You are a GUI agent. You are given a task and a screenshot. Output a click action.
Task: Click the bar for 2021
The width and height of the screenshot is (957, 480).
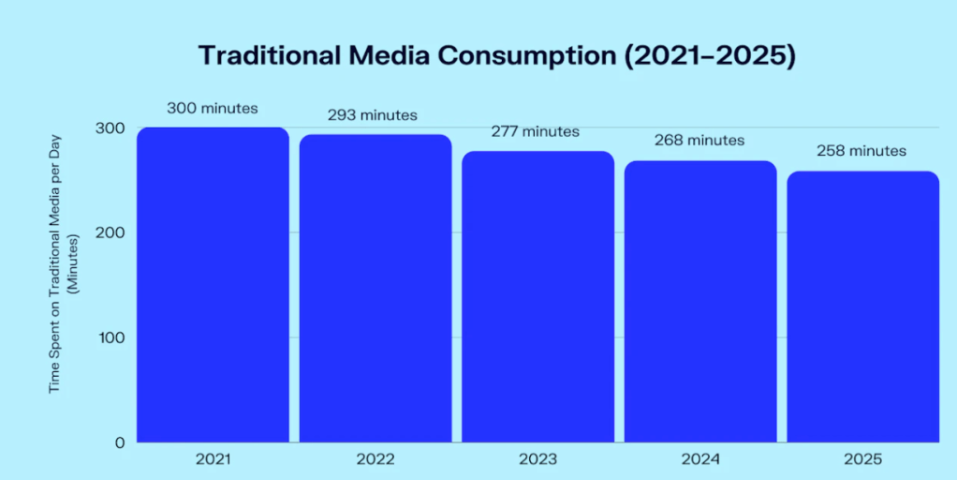click(213, 285)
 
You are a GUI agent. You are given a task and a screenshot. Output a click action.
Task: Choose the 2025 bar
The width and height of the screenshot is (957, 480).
click(862, 307)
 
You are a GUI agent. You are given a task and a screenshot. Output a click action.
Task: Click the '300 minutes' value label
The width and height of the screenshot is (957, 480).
click(213, 108)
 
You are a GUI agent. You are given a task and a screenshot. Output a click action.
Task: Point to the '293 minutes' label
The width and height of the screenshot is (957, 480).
click(373, 115)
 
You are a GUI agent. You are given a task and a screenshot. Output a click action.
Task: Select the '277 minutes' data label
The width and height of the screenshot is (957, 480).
click(536, 131)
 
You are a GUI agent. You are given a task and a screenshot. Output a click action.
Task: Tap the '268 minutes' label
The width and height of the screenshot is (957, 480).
click(699, 140)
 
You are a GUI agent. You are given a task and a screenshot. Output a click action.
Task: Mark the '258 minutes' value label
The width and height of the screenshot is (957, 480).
click(861, 150)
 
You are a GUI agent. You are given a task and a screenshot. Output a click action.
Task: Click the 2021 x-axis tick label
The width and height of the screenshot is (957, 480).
click(213, 459)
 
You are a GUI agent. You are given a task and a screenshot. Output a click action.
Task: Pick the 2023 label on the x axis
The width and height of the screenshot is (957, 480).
click(537, 459)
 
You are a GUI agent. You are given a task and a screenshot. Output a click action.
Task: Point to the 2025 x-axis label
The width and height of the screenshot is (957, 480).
click(862, 459)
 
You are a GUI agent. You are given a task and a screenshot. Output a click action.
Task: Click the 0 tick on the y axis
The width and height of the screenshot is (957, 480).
click(120, 442)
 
